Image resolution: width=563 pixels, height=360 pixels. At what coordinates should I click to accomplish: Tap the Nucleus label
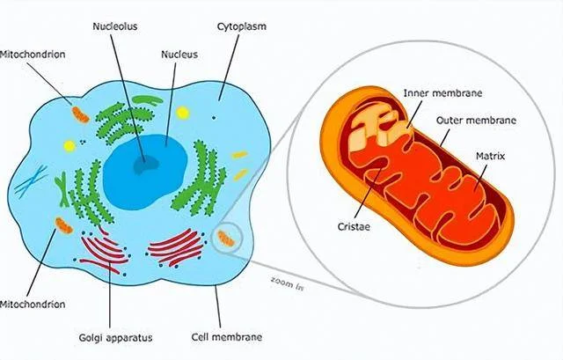click(x=179, y=54)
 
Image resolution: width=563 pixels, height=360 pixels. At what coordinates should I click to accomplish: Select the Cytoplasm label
click(x=241, y=26)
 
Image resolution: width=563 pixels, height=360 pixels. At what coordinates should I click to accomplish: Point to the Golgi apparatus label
click(x=110, y=336)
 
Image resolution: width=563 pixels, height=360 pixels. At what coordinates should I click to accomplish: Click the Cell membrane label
click(x=226, y=336)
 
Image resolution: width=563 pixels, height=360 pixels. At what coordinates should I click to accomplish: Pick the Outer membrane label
click(x=476, y=121)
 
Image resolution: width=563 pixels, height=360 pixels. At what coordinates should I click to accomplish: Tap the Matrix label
click(x=490, y=156)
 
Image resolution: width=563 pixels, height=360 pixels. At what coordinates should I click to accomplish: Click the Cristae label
click(x=354, y=226)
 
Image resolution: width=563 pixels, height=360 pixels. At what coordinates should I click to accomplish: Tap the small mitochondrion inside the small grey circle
click(x=226, y=237)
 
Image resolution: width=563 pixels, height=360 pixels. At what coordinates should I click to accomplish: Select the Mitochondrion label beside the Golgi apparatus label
click(x=32, y=305)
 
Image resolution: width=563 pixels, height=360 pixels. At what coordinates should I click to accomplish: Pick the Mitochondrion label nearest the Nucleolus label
click(x=32, y=55)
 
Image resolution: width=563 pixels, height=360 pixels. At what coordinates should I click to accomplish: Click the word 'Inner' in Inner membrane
click(x=416, y=92)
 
